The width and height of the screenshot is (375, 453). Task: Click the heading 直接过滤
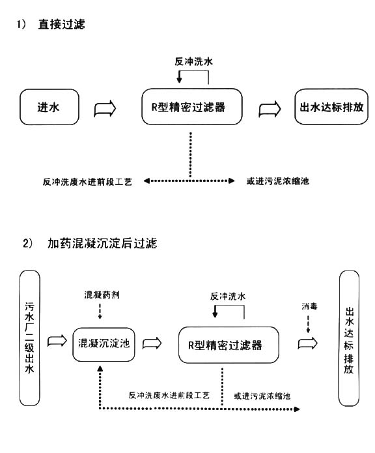(x=61, y=24)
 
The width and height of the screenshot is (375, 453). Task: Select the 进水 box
(x=49, y=107)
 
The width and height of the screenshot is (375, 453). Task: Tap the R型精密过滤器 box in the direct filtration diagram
(x=192, y=107)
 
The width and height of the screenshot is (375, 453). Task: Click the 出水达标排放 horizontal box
(x=331, y=107)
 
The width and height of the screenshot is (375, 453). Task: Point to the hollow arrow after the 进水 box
(x=105, y=109)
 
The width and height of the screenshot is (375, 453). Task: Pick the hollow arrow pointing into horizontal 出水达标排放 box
(x=270, y=110)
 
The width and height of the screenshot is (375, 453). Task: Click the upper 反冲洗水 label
(x=193, y=61)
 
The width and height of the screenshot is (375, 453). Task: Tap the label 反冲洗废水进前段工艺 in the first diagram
(x=87, y=182)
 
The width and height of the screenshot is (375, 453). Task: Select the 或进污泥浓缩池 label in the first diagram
(x=278, y=181)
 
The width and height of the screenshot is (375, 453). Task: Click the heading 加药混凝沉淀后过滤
(x=102, y=243)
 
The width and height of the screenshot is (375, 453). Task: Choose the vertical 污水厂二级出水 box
(x=30, y=338)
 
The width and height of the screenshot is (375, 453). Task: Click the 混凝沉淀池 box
(x=104, y=344)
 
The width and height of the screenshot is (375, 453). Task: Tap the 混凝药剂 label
(x=102, y=295)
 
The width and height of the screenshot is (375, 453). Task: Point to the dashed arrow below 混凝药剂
(x=100, y=311)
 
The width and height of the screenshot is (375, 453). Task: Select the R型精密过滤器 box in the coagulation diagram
(x=229, y=345)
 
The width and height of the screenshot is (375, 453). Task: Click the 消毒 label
(x=309, y=306)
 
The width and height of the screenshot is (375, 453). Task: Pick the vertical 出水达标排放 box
(x=349, y=338)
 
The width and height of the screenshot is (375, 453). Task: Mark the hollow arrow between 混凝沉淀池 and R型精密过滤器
(x=152, y=343)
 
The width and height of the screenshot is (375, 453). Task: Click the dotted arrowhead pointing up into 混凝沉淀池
(x=100, y=368)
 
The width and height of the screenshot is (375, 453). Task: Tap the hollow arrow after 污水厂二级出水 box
(x=57, y=341)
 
